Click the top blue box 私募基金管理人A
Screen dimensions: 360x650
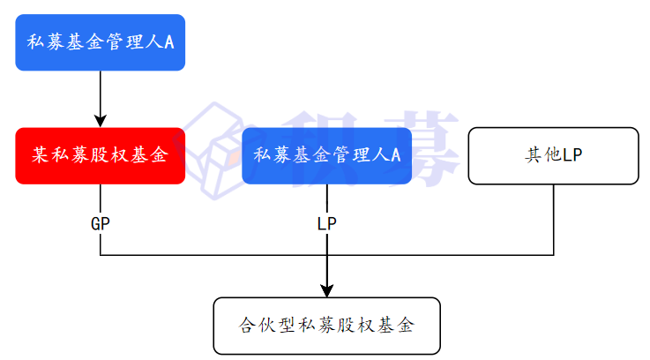pyautogui.click(x=100, y=42)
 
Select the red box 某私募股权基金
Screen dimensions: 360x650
pyautogui.click(x=100, y=156)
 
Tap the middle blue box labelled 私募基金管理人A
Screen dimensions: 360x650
pyautogui.click(x=326, y=156)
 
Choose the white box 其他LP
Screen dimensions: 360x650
pyautogui.click(x=553, y=156)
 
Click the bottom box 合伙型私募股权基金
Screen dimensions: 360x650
pyautogui.click(x=326, y=326)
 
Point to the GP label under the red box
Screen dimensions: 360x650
pyautogui.click(x=100, y=224)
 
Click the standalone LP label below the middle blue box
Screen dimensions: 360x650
pyautogui.click(x=326, y=224)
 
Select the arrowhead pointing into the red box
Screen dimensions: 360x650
pyautogui.click(x=100, y=121)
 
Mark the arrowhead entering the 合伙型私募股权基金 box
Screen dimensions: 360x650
pyautogui.click(x=326, y=290)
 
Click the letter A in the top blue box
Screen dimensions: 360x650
pyautogui.click(x=168, y=42)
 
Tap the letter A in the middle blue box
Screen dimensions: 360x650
pyautogui.click(x=395, y=156)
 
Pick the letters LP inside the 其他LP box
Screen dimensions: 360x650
pyautogui.click(x=572, y=156)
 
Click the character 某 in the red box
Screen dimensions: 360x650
pyautogui.click(x=40, y=156)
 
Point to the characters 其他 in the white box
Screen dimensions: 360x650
pyautogui.click(x=542, y=156)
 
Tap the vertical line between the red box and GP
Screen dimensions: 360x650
pyautogui.click(x=100, y=199)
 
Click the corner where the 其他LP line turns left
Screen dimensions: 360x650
pyautogui.click(x=553, y=255)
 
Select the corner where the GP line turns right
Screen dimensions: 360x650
pyautogui.click(x=100, y=255)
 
